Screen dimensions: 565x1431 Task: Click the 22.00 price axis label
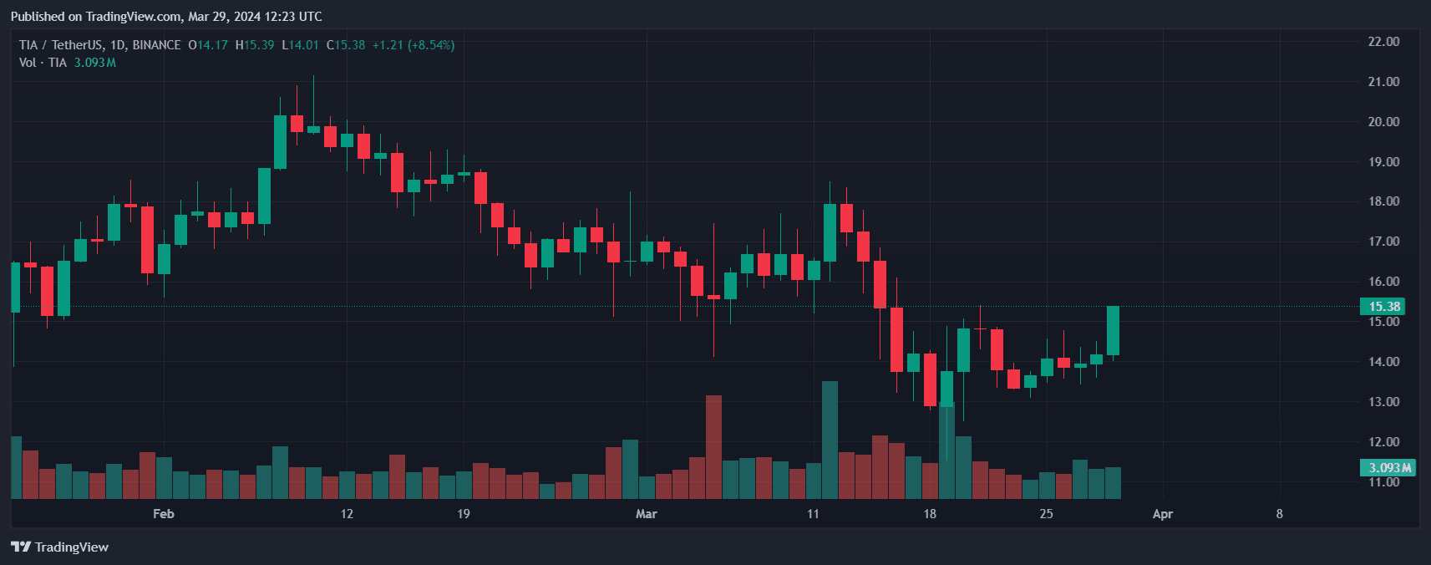(x=1383, y=42)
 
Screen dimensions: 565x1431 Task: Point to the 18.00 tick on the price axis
(x=1383, y=201)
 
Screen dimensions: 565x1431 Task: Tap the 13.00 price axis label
(x=1383, y=402)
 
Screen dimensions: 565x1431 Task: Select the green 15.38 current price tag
(x=1383, y=307)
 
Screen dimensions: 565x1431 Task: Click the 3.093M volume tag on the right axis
(x=1389, y=468)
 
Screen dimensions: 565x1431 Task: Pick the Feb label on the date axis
(x=164, y=514)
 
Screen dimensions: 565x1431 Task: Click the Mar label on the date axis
(x=646, y=514)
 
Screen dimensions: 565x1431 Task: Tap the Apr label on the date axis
(x=1162, y=514)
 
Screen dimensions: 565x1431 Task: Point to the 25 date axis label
(x=1046, y=514)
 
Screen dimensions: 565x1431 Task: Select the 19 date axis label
(x=464, y=514)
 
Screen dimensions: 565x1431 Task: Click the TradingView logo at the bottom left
(x=60, y=547)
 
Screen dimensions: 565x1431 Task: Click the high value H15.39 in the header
(x=255, y=45)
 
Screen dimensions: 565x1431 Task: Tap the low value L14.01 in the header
(x=300, y=45)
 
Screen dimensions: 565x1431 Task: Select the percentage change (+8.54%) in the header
(x=431, y=45)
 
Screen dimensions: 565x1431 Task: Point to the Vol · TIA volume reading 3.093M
(x=94, y=63)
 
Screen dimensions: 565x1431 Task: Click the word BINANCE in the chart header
(x=156, y=45)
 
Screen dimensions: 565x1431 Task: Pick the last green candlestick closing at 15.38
(x=1113, y=331)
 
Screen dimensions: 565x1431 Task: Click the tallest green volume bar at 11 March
(x=830, y=440)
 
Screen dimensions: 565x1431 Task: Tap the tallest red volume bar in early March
(x=713, y=447)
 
